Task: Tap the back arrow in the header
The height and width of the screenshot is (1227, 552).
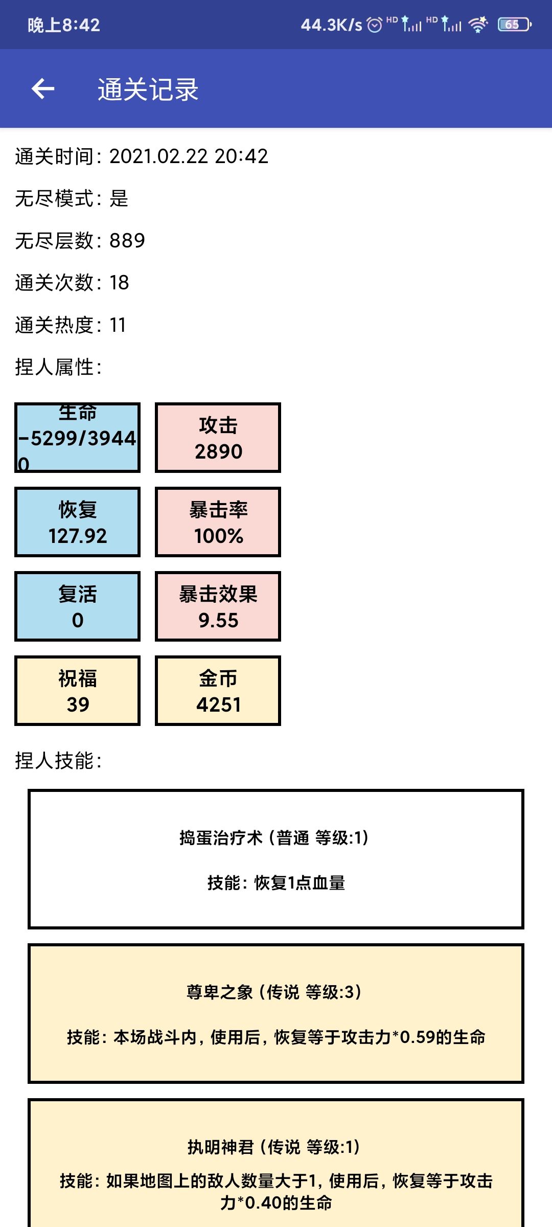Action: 43,89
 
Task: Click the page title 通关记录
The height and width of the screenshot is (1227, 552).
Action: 148,89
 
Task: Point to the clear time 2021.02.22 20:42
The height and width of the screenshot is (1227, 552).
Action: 189,156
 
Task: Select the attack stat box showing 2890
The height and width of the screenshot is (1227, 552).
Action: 218,438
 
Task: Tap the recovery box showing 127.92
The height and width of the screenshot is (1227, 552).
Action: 77,522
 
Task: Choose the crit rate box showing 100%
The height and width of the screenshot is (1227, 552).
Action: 218,522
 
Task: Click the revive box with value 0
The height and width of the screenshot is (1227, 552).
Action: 77,606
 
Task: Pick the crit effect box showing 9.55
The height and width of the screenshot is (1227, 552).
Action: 218,606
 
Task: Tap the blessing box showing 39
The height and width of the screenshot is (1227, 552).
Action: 77,691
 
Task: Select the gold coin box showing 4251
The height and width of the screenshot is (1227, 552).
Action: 218,691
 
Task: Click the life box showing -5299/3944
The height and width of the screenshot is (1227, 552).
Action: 77,438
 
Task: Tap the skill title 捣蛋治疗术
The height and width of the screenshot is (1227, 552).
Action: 221,838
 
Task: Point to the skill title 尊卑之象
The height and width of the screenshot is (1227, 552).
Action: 220,992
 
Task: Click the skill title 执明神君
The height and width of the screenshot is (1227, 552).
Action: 221,1147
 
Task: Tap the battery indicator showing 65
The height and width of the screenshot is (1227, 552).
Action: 515,25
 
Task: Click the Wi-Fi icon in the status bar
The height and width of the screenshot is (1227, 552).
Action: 478,25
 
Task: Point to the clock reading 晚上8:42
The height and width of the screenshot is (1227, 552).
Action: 64,25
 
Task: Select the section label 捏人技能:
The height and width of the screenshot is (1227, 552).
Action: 58,761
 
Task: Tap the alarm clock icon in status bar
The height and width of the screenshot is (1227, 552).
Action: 375,25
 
